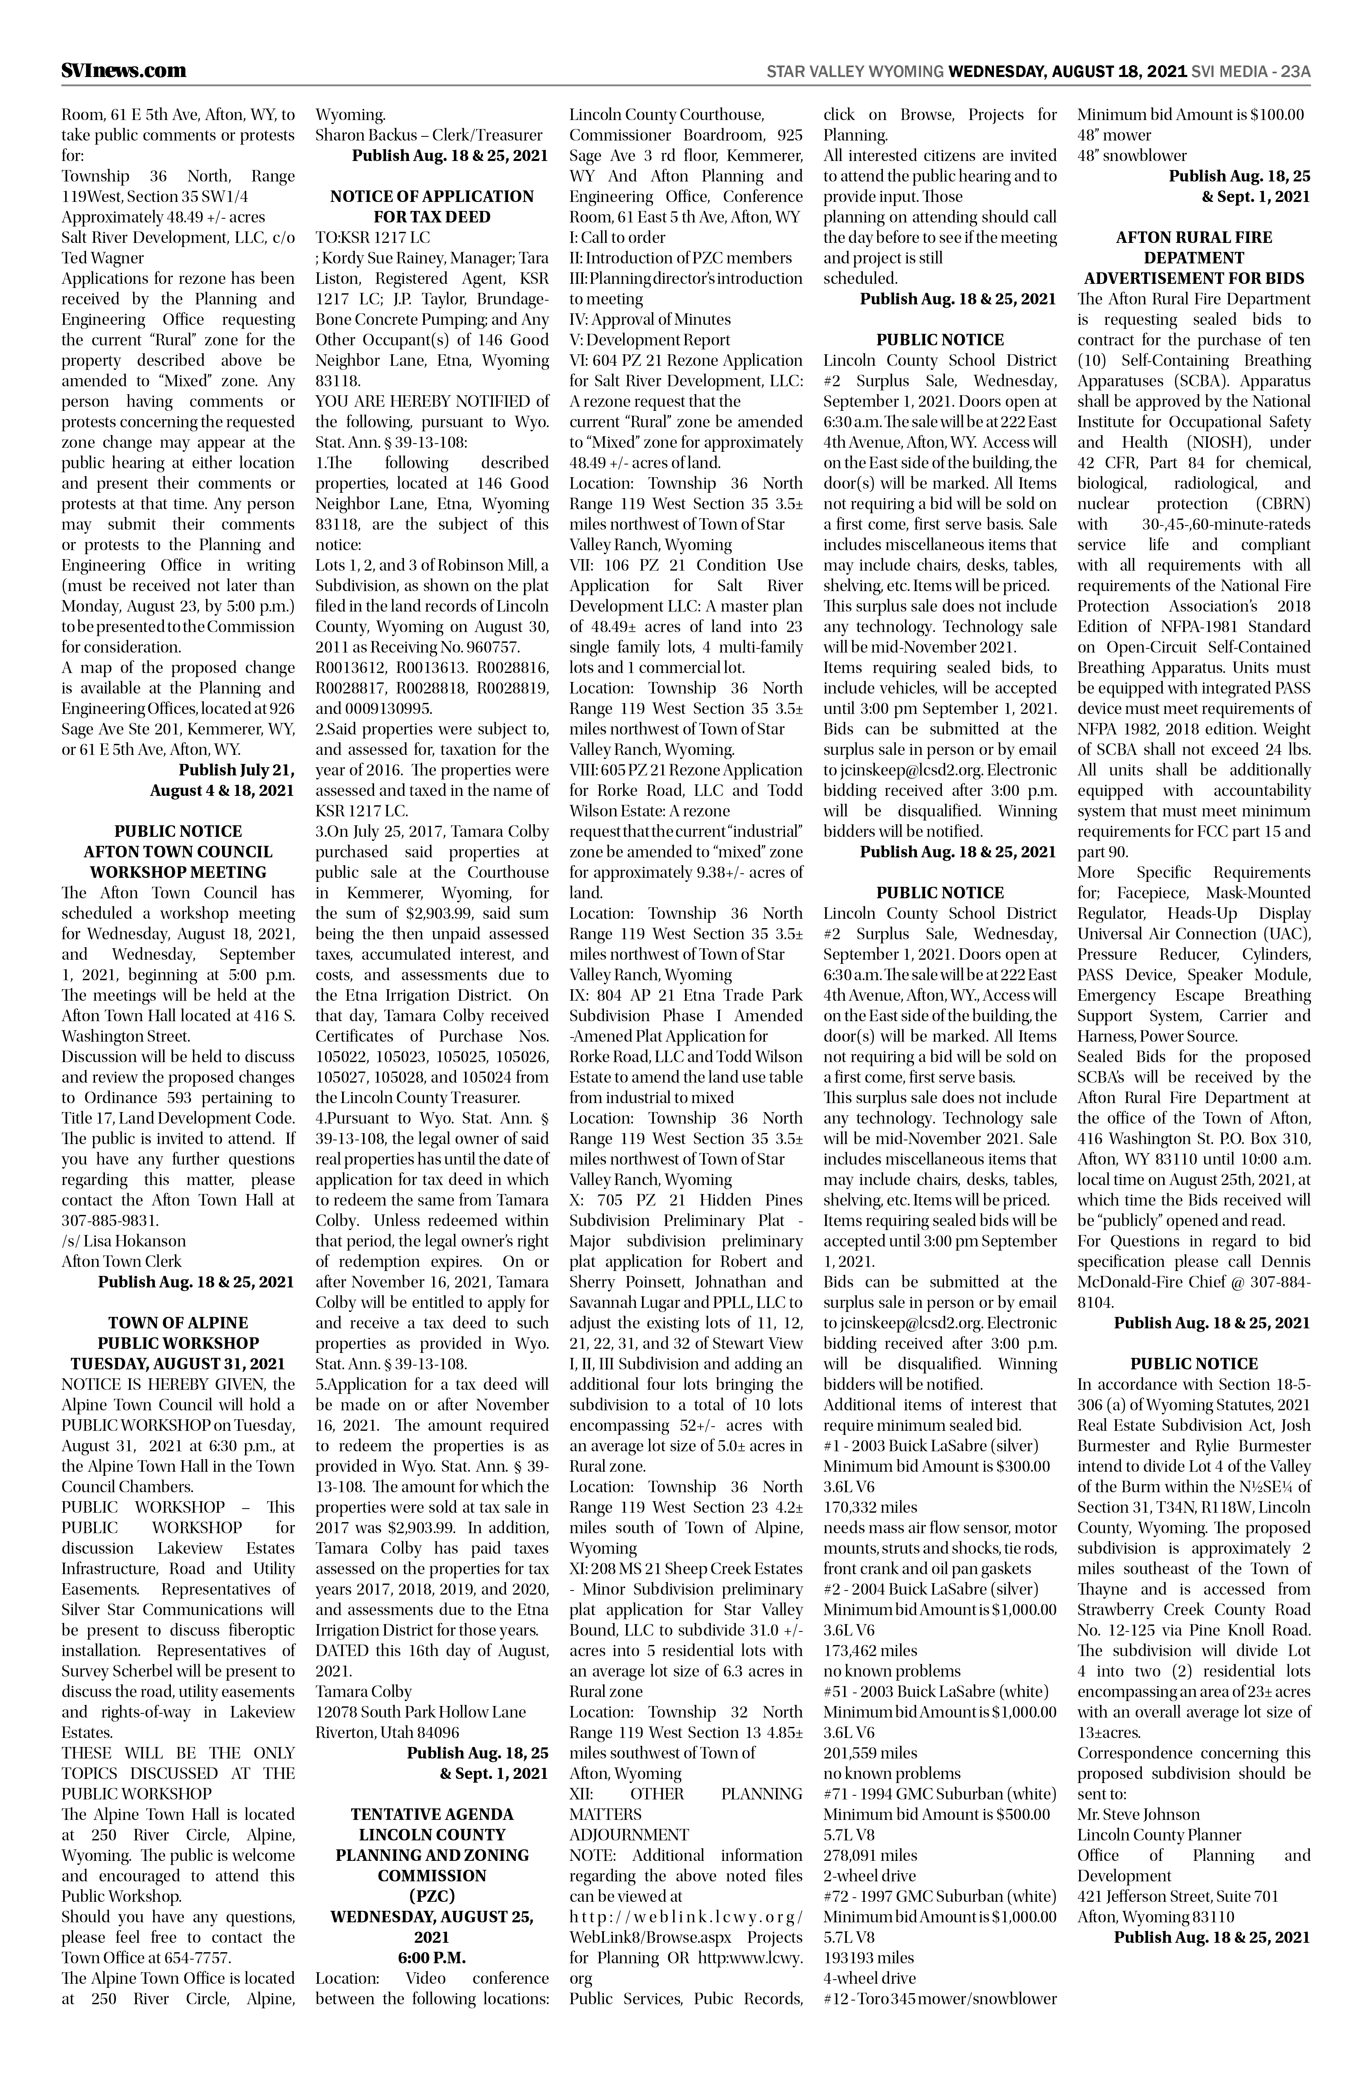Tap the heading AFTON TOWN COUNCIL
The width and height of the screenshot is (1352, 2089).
(x=178, y=852)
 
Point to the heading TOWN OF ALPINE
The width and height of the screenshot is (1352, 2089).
(x=178, y=1323)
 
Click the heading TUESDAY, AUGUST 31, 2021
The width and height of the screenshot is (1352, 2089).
(x=178, y=1364)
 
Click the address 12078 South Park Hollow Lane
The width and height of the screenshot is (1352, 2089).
(x=420, y=1712)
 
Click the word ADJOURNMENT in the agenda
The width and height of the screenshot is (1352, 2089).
(x=628, y=1835)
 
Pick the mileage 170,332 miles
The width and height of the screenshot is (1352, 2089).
(x=870, y=1507)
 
